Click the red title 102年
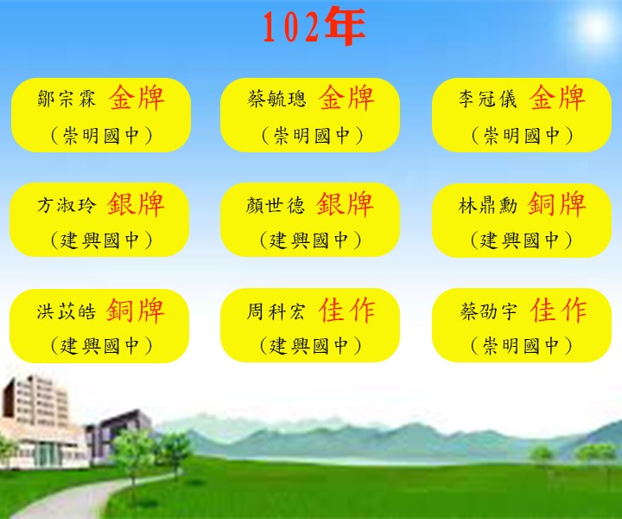pyautogui.click(x=314, y=26)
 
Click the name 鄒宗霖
pyautogui.click(x=67, y=99)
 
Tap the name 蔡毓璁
pyautogui.click(x=277, y=99)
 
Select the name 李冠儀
pyautogui.click(x=488, y=99)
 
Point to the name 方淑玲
pyautogui.click(x=67, y=205)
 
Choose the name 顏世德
pyautogui.click(x=276, y=205)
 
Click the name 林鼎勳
pyautogui.click(x=487, y=205)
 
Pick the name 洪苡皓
pyautogui.click(x=67, y=311)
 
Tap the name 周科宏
pyautogui.click(x=276, y=311)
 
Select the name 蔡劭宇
pyautogui.click(x=488, y=311)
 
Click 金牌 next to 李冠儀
pyautogui.click(x=557, y=97)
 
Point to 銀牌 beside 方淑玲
pyautogui.click(x=136, y=204)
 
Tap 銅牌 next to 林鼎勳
pyautogui.click(x=556, y=204)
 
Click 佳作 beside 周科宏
pyautogui.click(x=346, y=311)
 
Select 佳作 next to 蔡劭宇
pyautogui.click(x=558, y=311)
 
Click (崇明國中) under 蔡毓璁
pyautogui.click(x=312, y=136)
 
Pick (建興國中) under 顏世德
pyautogui.click(x=311, y=240)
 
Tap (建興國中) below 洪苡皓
pyautogui.click(x=102, y=345)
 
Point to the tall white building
pyautogui.click(x=35, y=420)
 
